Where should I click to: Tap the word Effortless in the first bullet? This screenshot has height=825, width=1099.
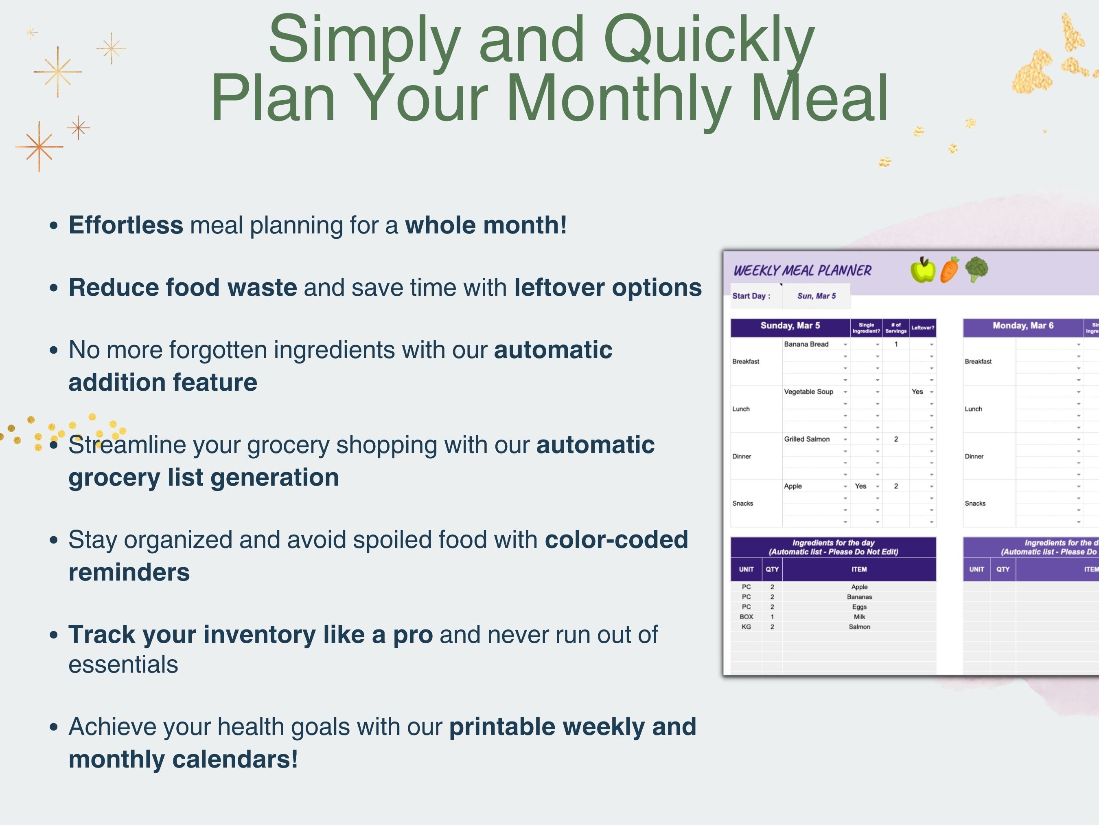pos(126,225)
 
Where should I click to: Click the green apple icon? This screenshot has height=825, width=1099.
pos(923,270)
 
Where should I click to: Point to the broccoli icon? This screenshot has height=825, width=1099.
pos(976,269)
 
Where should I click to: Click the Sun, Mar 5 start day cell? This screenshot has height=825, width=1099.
pos(816,296)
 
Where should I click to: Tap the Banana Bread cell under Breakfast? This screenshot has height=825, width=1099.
pos(806,344)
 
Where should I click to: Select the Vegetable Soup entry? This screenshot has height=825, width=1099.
pos(808,392)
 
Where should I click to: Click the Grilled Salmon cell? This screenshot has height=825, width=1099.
pos(806,439)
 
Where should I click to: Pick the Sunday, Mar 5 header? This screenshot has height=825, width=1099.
pos(790,326)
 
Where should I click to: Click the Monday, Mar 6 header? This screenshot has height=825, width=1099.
pos(1022,326)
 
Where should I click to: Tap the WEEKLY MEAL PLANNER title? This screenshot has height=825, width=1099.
pos(802,271)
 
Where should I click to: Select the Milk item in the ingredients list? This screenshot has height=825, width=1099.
pos(859,617)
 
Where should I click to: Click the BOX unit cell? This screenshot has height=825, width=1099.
pos(746,617)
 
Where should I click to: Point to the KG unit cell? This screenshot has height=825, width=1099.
pos(746,627)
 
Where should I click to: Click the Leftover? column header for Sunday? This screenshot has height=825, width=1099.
pos(923,328)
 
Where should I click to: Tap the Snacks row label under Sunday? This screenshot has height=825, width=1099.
pos(742,503)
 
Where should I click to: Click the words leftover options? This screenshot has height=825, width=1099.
pos(608,288)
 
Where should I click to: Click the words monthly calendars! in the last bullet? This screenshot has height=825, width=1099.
pos(183,759)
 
